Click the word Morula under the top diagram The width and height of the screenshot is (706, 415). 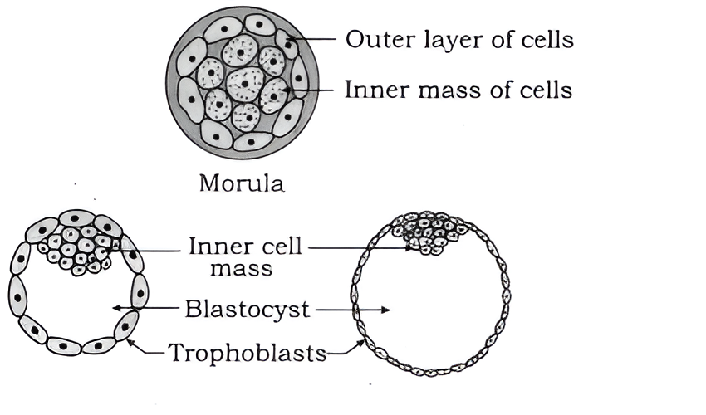coord(242,183)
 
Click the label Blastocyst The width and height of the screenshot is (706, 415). coord(248,310)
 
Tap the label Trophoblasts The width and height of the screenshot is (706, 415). coord(248,354)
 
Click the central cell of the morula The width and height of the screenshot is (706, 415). coord(243,83)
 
